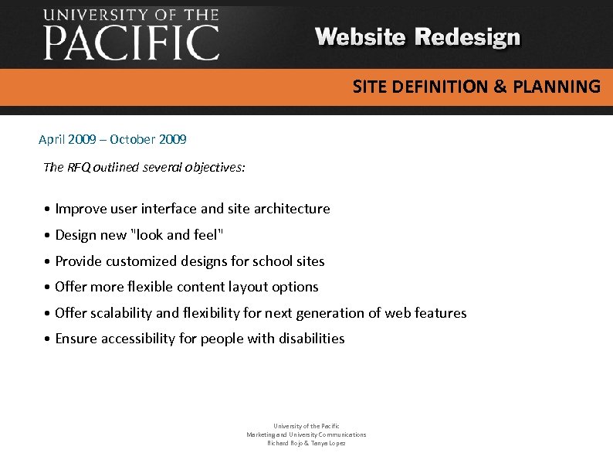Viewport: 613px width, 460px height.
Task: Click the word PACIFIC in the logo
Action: [131, 43]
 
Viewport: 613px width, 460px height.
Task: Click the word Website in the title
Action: [361, 37]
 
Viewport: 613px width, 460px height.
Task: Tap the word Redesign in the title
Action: [468, 38]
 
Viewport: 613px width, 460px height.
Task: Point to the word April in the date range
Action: [52, 140]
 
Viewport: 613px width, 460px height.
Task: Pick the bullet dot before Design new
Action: [48, 236]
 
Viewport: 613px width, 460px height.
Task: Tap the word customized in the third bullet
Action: [144, 261]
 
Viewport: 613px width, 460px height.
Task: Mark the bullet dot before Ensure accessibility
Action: [48, 339]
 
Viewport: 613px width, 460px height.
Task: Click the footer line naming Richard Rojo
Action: [306, 443]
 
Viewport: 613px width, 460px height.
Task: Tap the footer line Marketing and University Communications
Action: [306, 434]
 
